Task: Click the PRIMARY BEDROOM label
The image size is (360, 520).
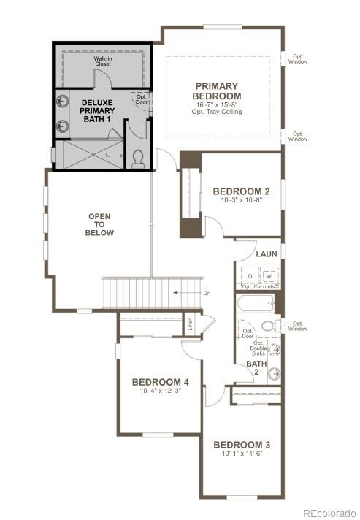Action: pos(216,91)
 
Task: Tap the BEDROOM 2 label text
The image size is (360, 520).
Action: pos(241,191)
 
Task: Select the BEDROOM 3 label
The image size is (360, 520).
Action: pos(242,445)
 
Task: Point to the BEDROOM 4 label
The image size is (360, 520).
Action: pos(161,382)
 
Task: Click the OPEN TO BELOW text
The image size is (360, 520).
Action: pos(100,224)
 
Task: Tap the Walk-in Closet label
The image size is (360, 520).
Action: pos(103,61)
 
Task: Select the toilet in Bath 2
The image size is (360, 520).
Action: pos(268,326)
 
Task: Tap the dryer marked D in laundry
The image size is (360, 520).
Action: pos(250,277)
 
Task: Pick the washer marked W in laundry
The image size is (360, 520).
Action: pos(268,277)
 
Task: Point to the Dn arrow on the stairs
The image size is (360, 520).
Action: pos(187,292)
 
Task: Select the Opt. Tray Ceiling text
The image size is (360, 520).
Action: pos(216,112)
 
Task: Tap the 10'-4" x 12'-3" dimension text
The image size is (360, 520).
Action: pos(161,391)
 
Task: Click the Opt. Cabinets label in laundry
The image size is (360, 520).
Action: pos(258,287)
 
